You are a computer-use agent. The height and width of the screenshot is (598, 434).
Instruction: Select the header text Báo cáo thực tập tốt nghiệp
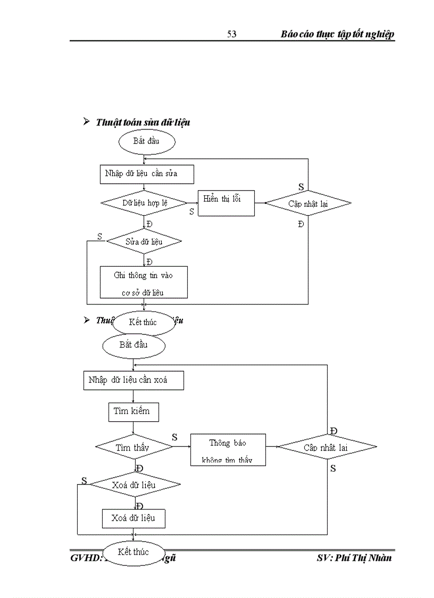click(337, 34)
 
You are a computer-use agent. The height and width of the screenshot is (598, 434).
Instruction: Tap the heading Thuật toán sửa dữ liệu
click(143, 122)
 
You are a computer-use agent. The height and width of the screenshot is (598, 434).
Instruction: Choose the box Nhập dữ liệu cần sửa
click(147, 174)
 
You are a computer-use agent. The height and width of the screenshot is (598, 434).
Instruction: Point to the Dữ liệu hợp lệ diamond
click(144, 203)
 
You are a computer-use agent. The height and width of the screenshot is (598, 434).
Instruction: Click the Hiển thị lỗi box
click(226, 203)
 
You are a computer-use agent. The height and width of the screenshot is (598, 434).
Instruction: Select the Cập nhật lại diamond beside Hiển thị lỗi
click(308, 203)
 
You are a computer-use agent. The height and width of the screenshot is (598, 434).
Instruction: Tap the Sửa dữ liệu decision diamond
click(144, 242)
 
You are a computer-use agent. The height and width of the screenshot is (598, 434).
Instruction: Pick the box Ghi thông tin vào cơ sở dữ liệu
click(144, 282)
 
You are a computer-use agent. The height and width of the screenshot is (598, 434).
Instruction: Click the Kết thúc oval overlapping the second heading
click(143, 322)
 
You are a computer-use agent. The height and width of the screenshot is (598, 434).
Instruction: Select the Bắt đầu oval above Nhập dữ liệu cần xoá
click(133, 345)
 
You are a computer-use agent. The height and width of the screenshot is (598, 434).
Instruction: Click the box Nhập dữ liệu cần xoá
click(133, 381)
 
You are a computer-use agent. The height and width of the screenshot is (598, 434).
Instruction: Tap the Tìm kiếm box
click(132, 411)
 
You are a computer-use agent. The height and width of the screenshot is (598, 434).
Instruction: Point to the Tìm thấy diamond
click(133, 447)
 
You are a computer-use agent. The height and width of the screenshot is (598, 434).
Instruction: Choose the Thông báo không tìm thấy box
click(228, 450)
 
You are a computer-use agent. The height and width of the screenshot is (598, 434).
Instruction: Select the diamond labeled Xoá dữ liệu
click(134, 485)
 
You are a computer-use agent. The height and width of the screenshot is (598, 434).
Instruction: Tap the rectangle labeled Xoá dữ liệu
click(133, 518)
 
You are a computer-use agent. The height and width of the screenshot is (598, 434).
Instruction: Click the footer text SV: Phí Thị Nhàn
click(354, 558)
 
